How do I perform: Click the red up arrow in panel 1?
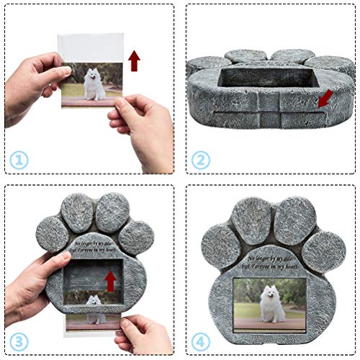tap(134, 60)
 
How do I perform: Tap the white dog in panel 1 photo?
tap(94, 85)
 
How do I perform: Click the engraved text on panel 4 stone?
tap(273, 262)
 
